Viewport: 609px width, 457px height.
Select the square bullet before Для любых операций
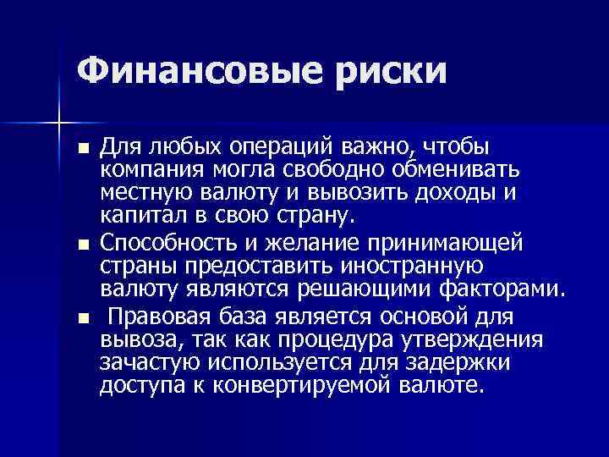pyautogui.click(x=81, y=150)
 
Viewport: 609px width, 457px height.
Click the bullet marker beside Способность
pyautogui.click(x=81, y=246)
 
